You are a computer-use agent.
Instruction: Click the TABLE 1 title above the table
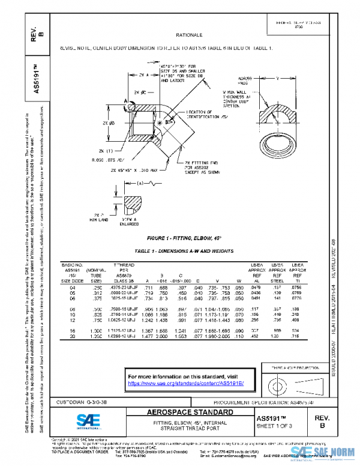pos(184,250)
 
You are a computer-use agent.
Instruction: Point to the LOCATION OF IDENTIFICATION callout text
pos(208,115)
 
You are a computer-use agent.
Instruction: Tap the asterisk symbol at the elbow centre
pos(159,123)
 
